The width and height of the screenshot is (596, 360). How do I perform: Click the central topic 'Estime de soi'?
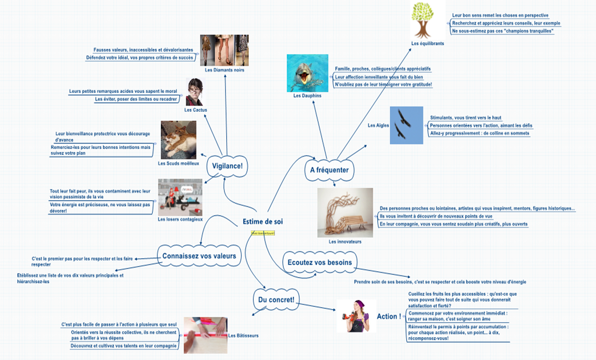[x=263, y=222]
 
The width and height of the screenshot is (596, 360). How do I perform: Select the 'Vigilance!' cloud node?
[x=227, y=166]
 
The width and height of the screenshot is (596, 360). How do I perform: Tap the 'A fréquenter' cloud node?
[x=329, y=170]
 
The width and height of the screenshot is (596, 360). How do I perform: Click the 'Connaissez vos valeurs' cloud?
[x=199, y=256]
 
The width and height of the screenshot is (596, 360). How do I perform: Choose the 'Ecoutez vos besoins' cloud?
[x=320, y=262]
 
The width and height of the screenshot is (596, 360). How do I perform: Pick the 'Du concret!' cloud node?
[x=276, y=299]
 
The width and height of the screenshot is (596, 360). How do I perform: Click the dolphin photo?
[x=307, y=73]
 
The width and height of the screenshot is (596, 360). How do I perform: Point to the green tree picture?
[x=423, y=20]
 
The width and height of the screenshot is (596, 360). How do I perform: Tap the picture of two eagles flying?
[x=406, y=125]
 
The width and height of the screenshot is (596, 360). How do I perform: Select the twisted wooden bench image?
[x=345, y=212]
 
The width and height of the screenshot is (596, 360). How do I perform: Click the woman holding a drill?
[x=356, y=316]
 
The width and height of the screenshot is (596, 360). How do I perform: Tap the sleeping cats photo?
[x=178, y=140]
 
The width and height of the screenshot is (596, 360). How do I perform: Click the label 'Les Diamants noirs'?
[x=224, y=70]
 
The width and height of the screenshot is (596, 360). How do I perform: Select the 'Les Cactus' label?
[x=195, y=110]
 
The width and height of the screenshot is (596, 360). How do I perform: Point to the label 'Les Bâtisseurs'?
[x=243, y=335]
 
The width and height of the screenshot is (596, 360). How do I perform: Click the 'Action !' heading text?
[x=389, y=317]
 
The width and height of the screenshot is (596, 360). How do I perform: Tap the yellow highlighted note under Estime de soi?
[x=263, y=232]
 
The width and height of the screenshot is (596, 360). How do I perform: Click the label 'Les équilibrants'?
[x=427, y=43]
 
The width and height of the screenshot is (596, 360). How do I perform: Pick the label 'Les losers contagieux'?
[x=180, y=219]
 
